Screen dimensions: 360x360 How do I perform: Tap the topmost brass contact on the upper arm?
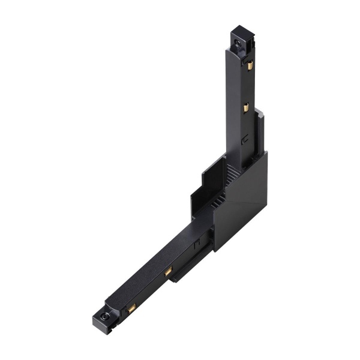click(250, 65)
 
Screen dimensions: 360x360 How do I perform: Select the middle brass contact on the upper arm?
click(245, 109)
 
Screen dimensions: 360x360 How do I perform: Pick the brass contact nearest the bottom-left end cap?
click(131, 307)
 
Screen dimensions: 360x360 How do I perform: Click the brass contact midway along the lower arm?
click(169, 272)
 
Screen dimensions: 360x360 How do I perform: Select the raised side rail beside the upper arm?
click(259, 129)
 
